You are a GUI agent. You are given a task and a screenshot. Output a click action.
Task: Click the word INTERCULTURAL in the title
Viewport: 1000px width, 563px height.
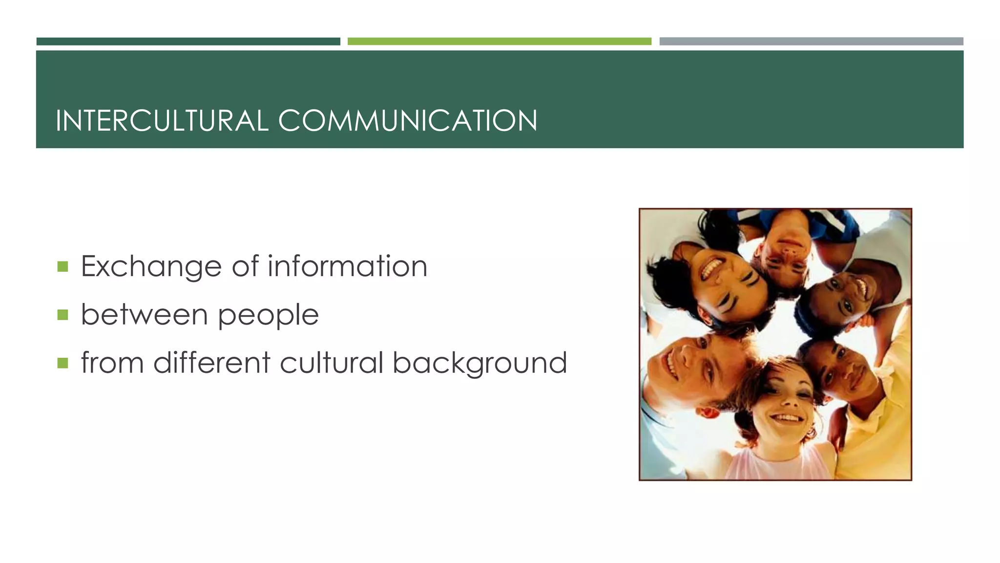coord(162,121)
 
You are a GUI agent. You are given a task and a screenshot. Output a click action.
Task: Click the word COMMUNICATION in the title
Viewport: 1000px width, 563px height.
coord(408,121)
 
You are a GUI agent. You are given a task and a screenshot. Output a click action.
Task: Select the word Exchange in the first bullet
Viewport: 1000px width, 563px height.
coord(151,267)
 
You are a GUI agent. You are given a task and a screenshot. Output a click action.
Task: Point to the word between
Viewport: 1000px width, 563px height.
coord(144,314)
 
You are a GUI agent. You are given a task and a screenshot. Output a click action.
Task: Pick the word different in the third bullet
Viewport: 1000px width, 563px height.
coord(211,362)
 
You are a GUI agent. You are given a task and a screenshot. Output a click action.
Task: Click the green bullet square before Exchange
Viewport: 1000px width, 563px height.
coord(62,266)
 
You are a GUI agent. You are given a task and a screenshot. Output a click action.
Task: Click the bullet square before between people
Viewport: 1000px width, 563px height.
coord(62,315)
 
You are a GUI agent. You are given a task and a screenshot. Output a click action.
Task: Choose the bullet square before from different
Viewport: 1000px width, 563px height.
coord(62,363)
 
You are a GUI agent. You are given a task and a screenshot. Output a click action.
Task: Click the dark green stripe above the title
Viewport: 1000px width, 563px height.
coord(188,42)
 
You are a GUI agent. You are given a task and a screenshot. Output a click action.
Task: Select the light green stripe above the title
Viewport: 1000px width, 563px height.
coord(499,42)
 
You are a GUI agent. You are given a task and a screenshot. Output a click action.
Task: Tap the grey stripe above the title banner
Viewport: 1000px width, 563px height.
coord(811,42)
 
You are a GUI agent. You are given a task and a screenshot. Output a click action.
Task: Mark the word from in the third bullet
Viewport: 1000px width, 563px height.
coord(112,362)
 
